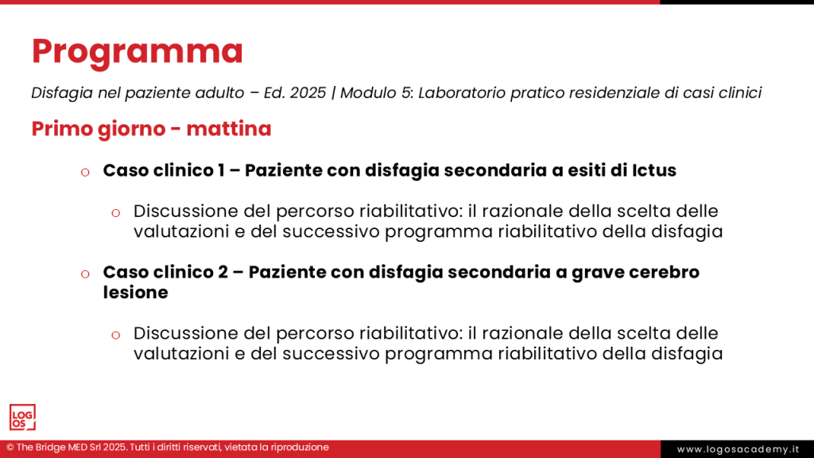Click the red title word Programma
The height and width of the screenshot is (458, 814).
pyautogui.click(x=137, y=52)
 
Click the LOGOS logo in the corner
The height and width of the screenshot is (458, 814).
pyautogui.click(x=22, y=417)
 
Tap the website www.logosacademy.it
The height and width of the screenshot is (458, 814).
pyautogui.click(x=737, y=449)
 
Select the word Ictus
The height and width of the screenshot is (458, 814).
pyautogui.click(x=654, y=170)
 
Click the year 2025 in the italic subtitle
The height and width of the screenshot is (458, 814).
pyautogui.click(x=308, y=93)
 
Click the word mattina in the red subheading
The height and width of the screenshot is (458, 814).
pyautogui.click(x=229, y=129)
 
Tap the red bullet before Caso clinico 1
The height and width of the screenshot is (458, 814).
pyautogui.click(x=84, y=172)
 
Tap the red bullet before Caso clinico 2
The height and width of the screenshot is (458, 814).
pyautogui.click(x=84, y=274)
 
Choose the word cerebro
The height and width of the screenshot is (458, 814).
pyautogui.click(x=665, y=272)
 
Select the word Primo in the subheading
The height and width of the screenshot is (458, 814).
pyautogui.click(x=60, y=129)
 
